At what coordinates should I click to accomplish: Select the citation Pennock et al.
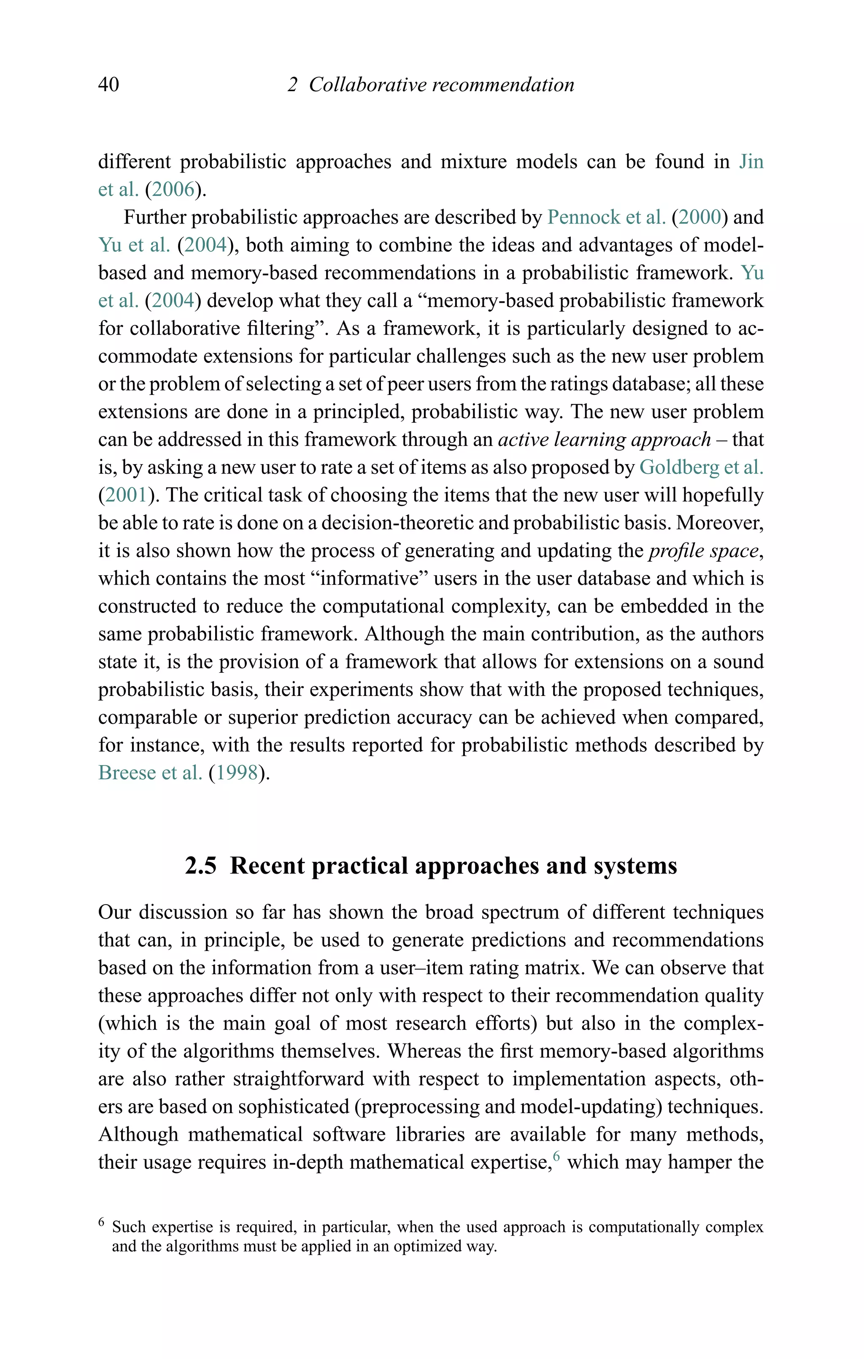[x=606, y=217]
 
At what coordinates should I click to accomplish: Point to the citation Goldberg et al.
[x=701, y=467]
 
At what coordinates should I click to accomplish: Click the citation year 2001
[x=126, y=495]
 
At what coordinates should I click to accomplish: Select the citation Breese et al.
[x=150, y=773]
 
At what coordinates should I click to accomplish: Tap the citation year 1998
[x=237, y=773]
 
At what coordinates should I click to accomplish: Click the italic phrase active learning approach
[x=604, y=440]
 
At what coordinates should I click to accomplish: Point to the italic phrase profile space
[x=703, y=551]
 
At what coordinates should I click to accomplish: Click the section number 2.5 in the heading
[x=201, y=866]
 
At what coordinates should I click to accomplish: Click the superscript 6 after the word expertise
[x=556, y=1156]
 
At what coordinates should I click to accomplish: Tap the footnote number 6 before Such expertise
[x=102, y=1223]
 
